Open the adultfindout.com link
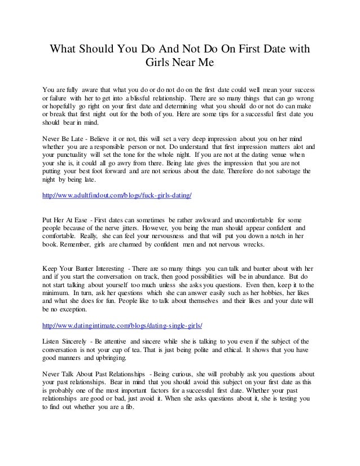click(117, 195)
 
